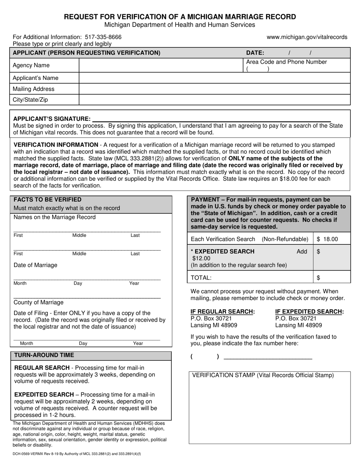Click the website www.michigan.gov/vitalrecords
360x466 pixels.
click(x=307, y=37)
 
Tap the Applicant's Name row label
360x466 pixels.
click(x=36, y=78)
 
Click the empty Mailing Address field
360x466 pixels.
click(x=214, y=89)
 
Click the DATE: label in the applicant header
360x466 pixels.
click(x=255, y=53)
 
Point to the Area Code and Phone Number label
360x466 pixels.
click(x=286, y=62)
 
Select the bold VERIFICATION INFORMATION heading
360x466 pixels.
click(x=56, y=145)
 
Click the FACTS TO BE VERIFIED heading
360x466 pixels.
click(x=47, y=200)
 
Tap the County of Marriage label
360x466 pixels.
click(x=39, y=302)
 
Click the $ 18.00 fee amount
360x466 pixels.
click(x=327, y=239)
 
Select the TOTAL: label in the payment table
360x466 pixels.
click(x=201, y=278)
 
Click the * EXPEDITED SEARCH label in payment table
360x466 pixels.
click(x=223, y=252)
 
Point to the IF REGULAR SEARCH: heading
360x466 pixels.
click(x=222, y=312)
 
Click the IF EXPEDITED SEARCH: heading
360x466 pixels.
click(x=309, y=312)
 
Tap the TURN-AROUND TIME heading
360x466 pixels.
click(x=44, y=355)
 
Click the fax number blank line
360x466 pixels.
click(x=268, y=357)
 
